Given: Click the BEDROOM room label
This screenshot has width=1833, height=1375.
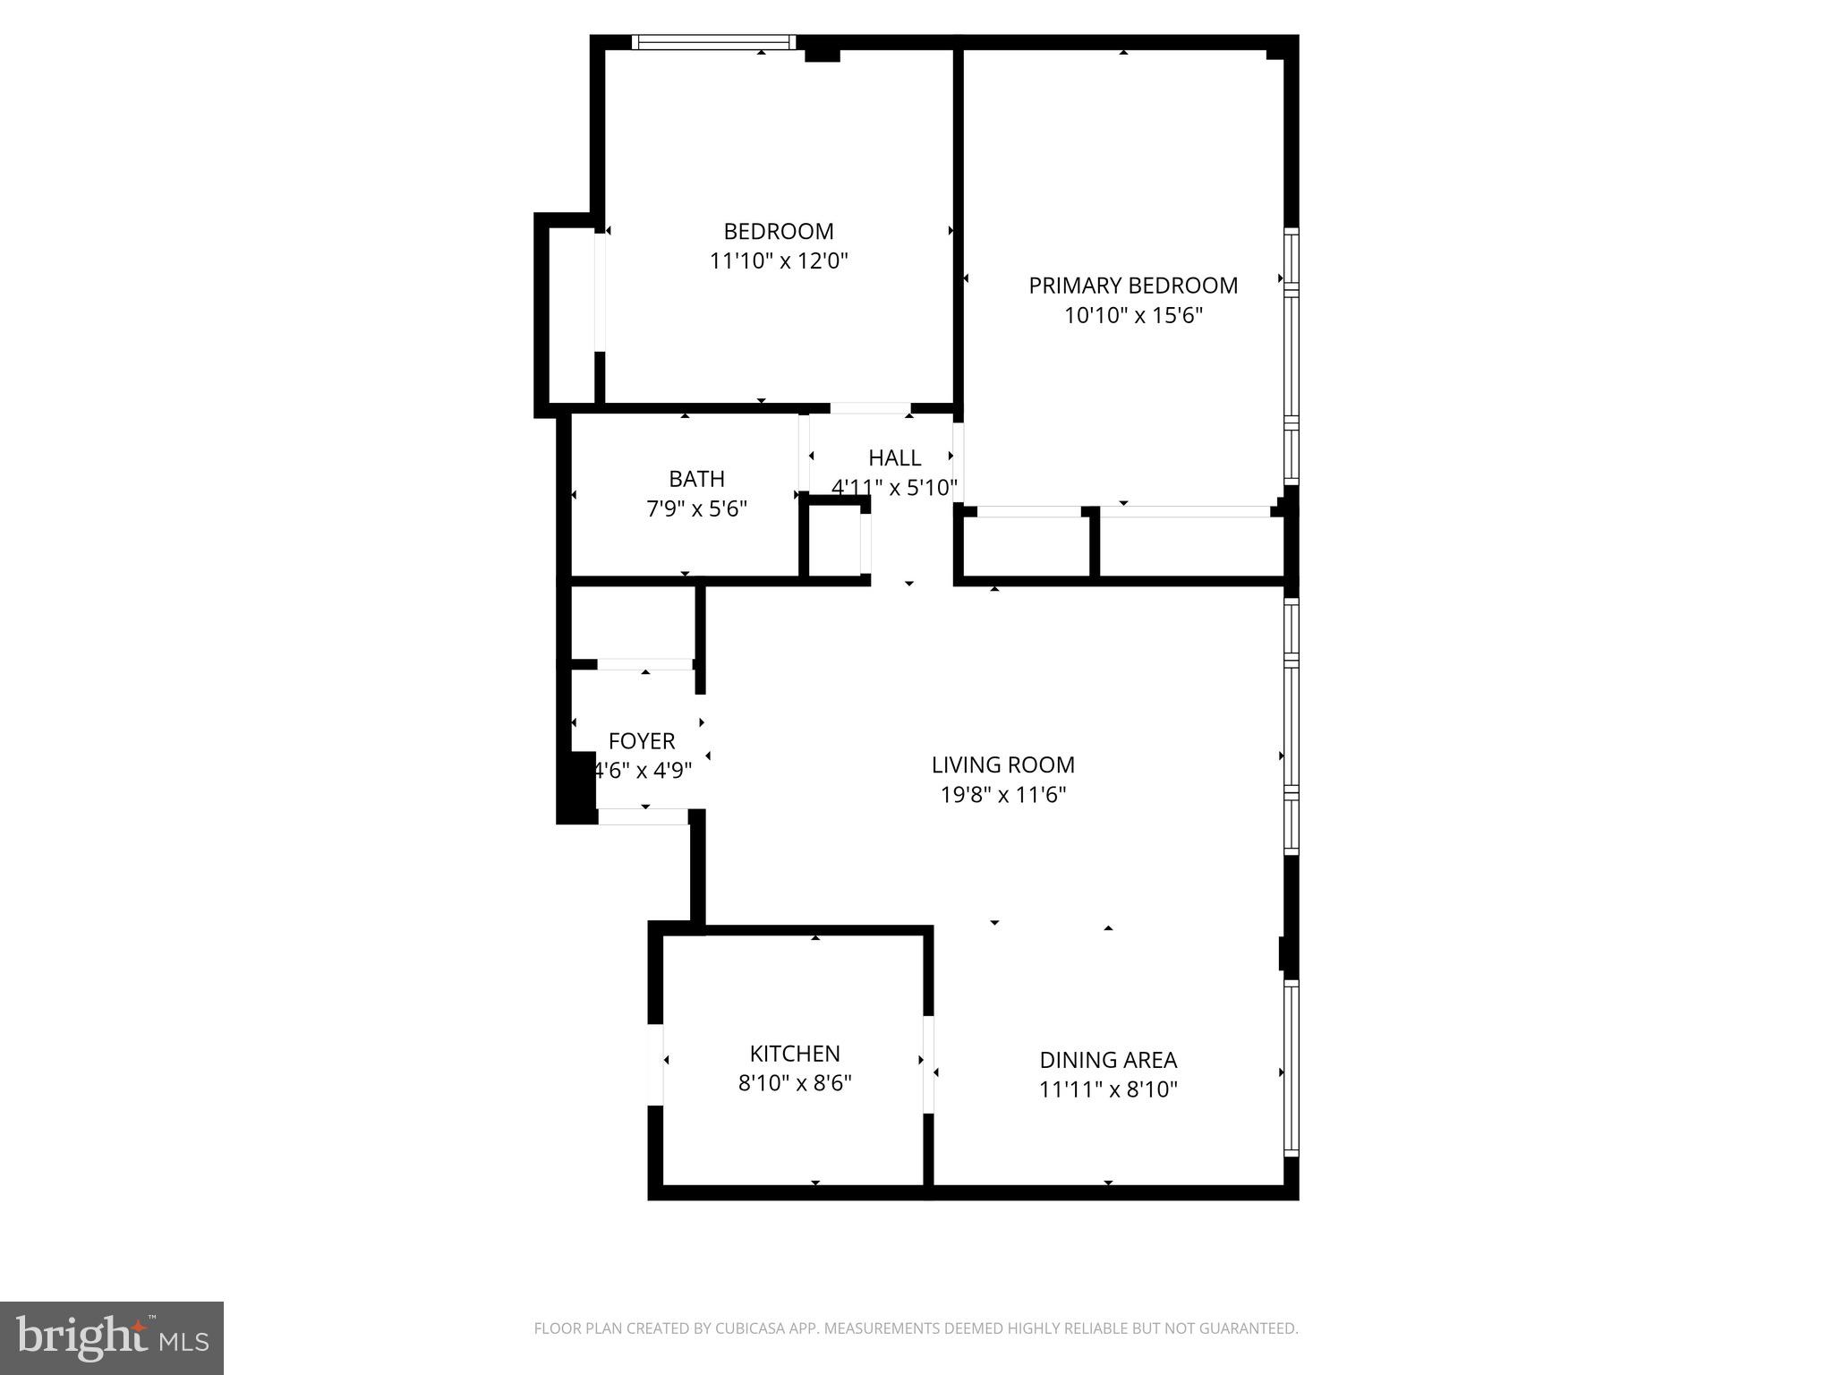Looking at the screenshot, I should click(779, 232).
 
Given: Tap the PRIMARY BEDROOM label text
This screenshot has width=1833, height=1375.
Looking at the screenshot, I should click(1133, 286).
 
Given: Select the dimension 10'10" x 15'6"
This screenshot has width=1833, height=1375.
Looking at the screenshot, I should click(1133, 316).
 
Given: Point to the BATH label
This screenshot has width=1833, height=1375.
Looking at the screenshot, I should click(696, 479).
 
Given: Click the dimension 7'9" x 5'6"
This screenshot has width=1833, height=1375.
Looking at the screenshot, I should click(696, 509).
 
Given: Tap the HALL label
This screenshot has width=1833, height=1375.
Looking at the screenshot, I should click(894, 458).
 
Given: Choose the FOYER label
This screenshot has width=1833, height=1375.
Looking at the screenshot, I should click(642, 741).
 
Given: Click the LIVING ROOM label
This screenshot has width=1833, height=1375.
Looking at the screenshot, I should click(1002, 765).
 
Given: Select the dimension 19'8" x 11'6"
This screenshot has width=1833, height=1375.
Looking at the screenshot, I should click(1002, 795).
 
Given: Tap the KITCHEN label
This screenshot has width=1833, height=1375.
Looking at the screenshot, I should click(795, 1054).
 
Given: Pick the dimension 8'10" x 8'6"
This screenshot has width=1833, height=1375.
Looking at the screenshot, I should click(795, 1084).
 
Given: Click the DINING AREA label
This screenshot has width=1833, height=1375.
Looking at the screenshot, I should click(1108, 1060).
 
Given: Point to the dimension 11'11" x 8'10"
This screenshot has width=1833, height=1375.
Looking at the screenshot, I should click(1108, 1090).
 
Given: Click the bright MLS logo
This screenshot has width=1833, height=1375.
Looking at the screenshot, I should click(112, 1337).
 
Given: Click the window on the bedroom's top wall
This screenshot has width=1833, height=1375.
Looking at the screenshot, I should click(713, 42).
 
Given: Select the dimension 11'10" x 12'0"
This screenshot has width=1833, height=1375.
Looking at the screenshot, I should click(779, 261).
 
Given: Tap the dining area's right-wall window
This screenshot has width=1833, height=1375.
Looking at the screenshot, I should click(1291, 1069).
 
